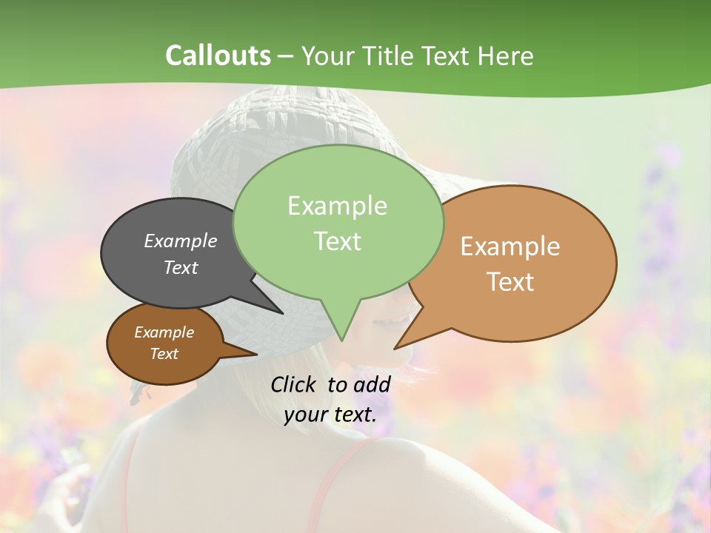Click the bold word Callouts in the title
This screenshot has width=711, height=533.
tap(218, 56)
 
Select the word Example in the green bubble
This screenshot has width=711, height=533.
tap(337, 206)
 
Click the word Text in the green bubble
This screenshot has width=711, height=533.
tap(337, 241)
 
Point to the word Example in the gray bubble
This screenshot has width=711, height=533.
tap(180, 241)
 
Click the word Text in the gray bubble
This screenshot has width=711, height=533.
tap(180, 267)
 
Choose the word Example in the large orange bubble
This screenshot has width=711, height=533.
tap(510, 247)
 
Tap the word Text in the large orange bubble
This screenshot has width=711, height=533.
tap(510, 282)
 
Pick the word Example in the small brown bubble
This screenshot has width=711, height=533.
tap(164, 332)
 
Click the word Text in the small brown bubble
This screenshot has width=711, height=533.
tap(164, 354)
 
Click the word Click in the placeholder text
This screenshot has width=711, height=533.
tap(294, 384)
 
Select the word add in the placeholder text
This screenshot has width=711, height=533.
tap(372, 384)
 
